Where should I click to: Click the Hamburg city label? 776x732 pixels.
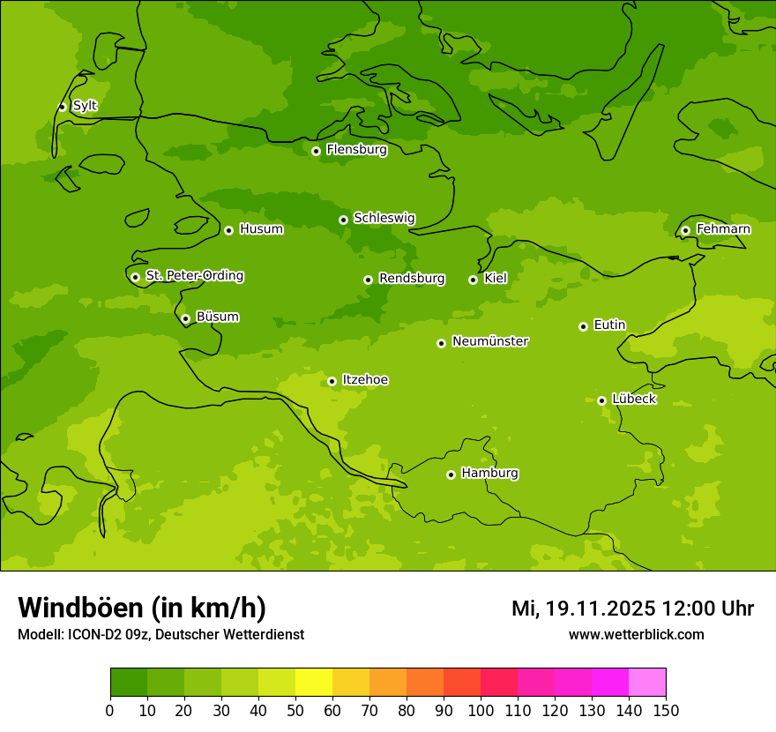[x=489, y=473]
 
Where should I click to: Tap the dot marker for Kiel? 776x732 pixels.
[x=473, y=280]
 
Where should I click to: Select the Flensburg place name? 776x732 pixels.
[x=356, y=150]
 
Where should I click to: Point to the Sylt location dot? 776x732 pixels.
[x=62, y=107]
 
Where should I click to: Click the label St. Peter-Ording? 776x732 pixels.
[x=194, y=276]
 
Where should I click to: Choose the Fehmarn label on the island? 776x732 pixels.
[x=723, y=229]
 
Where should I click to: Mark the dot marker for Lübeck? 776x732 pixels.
[x=601, y=400]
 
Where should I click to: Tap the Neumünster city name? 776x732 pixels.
[x=489, y=341]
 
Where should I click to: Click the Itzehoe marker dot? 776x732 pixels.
[x=332, y=381]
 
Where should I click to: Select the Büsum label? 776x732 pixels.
[x=217, y=317]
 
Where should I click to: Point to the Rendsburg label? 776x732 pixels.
[x=411, y=279]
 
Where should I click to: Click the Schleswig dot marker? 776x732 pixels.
[x=343, y=220]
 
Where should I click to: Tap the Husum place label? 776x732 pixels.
[x=261, y=229]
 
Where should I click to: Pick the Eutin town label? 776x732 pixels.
[x=609, y=325]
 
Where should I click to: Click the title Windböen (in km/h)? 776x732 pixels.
[x=141, y=608]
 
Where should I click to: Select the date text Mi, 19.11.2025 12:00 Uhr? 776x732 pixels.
[x=632, y=609]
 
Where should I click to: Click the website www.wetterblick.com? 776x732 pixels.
[x=636, y=635]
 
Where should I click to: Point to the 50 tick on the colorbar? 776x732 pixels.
[x=295, y=710]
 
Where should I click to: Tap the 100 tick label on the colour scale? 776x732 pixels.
[x=481, y=710]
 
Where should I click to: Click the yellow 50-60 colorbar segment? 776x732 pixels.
[x=314, y=683]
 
